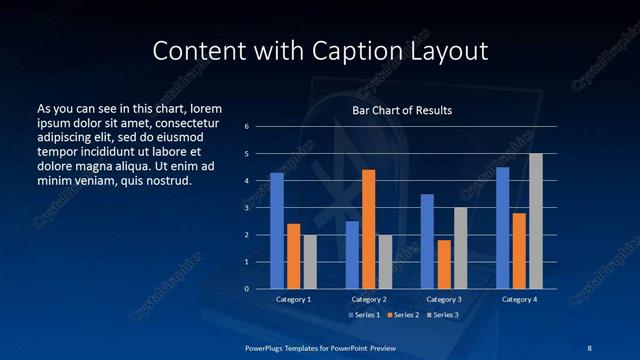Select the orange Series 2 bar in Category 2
(368, 229)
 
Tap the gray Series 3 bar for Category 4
(536, 221)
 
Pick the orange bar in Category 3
(443, 264)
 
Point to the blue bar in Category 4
(502, 227)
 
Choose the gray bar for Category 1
(310, 261)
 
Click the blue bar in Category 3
(427, 241)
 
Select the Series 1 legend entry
(363, 315)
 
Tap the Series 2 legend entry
(401, 315)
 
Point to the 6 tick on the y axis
(246, 127)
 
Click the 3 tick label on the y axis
(246, 208)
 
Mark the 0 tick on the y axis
(246, 289)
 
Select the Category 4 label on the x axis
(518, 299)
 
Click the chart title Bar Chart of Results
(402, 110)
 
